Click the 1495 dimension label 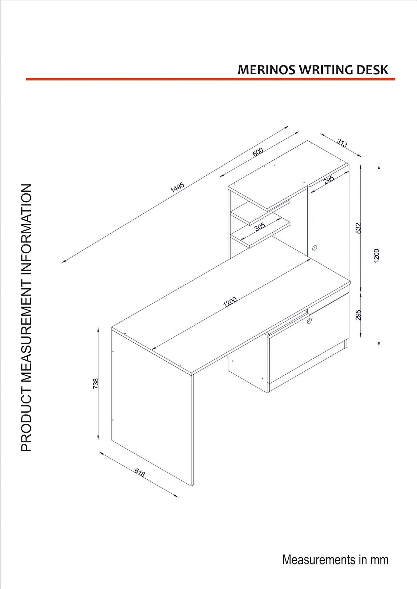(177, 187)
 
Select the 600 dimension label (258, 152)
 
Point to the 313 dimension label (342, 143)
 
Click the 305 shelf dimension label (260, 227)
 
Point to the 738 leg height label (96, 384)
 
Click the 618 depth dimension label (140, 473)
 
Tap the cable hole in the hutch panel (315, 248)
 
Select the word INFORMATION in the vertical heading (26, 223)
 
